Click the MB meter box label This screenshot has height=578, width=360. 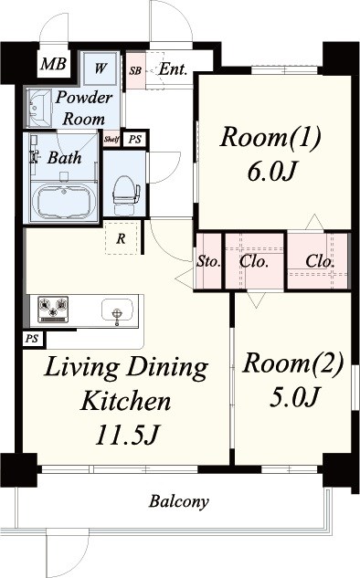54,64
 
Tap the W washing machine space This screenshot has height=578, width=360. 101,68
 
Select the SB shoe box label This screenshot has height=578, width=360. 135,70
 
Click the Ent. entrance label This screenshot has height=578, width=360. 173,68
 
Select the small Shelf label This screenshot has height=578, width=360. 111,140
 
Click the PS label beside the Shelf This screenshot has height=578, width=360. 135,140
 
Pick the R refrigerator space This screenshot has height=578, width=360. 121,238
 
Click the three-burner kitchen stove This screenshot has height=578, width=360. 54,310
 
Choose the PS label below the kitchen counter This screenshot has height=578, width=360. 32,339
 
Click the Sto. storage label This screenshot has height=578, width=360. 208,261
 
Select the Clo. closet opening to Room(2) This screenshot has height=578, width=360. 253,261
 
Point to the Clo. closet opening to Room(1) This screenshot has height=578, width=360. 320,261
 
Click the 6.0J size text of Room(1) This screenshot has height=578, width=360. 272,171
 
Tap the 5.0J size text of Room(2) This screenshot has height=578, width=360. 293,396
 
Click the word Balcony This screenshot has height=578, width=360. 179,501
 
